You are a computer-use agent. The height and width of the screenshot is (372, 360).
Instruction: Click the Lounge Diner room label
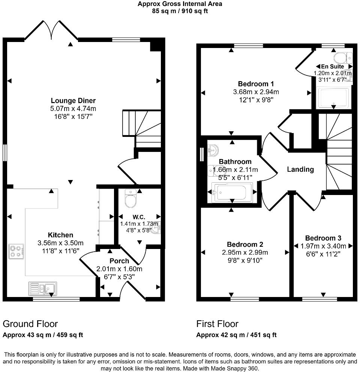[73, 100]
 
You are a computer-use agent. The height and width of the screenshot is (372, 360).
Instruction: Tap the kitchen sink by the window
[42, 289]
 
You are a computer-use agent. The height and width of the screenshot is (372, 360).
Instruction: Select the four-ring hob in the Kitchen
[16, 252]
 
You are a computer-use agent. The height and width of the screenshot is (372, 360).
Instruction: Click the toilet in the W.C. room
[131, 199]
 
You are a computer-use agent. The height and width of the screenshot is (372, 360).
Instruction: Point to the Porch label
[119, 261]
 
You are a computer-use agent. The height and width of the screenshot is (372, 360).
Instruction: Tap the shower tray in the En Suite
[333, 97]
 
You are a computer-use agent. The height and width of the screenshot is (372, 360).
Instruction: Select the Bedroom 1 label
[256, 84]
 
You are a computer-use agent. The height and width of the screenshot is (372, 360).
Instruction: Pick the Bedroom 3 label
[323, 238]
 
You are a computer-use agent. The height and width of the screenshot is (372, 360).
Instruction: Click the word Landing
[300, 169]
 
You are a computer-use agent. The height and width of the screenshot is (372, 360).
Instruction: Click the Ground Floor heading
[30, 324]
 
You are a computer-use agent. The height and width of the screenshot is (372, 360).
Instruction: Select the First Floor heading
[217, 324]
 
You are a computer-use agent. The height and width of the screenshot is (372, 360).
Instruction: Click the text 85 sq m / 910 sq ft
[180, 11]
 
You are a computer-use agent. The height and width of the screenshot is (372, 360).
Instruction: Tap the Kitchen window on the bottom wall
[56, 299]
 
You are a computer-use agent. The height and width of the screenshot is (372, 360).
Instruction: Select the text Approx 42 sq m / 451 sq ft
[236, 335]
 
